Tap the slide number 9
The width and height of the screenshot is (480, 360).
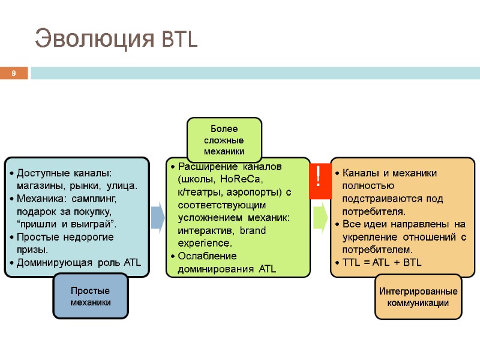tap(13, 74)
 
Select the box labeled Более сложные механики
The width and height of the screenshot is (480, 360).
tap(224, 140)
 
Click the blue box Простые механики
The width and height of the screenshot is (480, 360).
tap(91, 296)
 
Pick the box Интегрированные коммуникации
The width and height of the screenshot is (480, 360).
tap(418, 297)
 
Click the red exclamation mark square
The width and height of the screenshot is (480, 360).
tap(319, 179)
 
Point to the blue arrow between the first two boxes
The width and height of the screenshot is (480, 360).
tap(157, 217)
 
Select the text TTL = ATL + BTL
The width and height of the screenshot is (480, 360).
tap(382, 262)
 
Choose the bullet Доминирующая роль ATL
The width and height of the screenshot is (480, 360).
tap(79, 262)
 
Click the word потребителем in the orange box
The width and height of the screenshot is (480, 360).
tap(377, 249)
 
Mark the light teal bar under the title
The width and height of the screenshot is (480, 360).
tap(255, 73)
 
